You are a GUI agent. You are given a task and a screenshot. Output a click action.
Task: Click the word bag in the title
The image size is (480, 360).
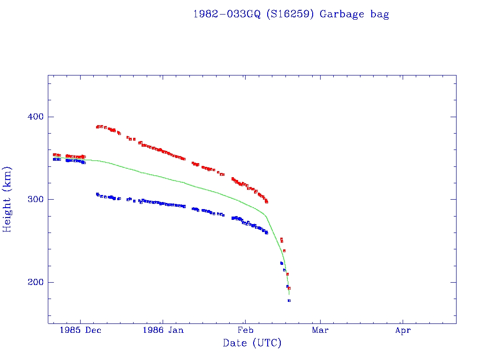pyautogui.click(x=380, y=15)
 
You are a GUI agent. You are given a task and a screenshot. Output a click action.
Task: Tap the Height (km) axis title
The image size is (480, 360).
pyautogui.click(x=7, y=199)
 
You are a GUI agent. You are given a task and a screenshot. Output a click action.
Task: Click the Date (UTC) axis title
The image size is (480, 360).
pyautogui.click(x=252, y=343)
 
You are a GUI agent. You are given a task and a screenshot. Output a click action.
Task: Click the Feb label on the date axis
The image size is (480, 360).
pyautogui.click(x=245, y=330)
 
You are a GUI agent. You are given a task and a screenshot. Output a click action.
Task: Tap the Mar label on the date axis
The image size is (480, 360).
pyautogui.click(x=320, y=330)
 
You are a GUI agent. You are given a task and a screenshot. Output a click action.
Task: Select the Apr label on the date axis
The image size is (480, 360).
pyautogui.click(x=403, y=330)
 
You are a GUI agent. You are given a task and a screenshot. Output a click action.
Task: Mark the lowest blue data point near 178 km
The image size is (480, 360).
pyautogui.click(x=289, y=300)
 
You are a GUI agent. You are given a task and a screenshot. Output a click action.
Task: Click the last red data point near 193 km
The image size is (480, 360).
pyautogui.click(x=289, y=288)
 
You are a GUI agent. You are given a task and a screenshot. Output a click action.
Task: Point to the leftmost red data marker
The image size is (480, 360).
pyautogui.click(x=54, y=154)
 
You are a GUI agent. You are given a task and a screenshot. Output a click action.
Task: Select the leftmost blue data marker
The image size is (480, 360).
pyautogui.click(x=54, y=159)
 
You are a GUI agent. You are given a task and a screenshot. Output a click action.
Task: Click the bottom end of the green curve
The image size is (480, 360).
pyautogui.click(x=289, y=294)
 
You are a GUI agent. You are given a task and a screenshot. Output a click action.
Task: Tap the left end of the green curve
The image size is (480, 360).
pyautogui.click(x=53, y=157)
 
